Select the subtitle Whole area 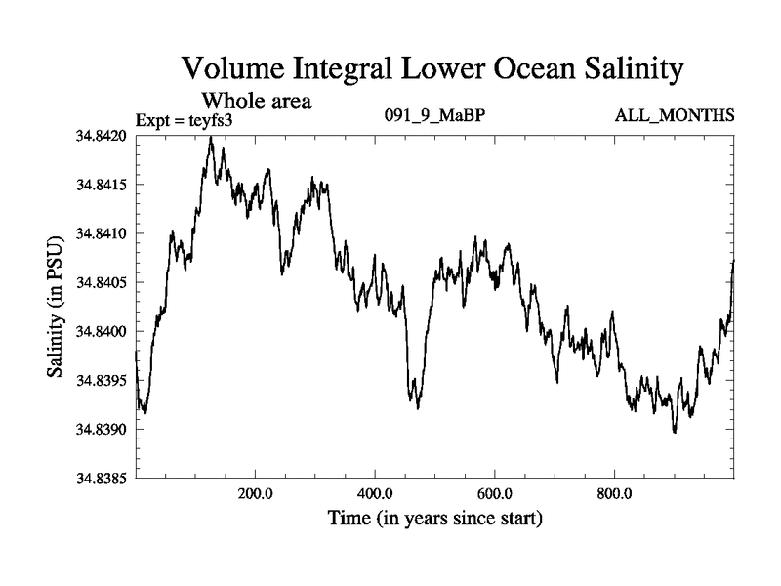click(256, 102)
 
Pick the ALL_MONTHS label click(674, 116)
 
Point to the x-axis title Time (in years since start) click(434, 518)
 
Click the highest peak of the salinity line click(211, 138)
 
